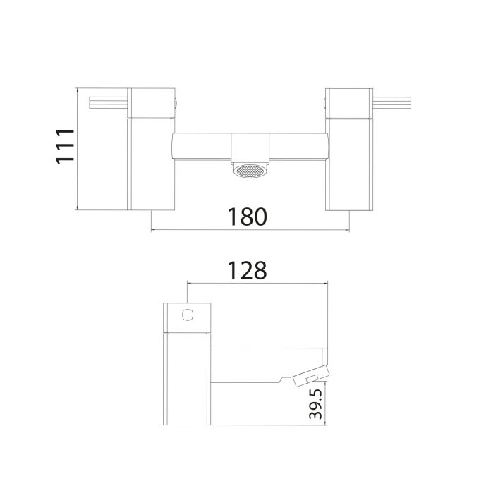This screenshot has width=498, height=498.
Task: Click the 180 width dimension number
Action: (x=248, y=217)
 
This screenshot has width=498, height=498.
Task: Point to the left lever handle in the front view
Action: (x=108, y=104)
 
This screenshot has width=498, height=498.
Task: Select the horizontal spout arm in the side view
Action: (x=250, y=365)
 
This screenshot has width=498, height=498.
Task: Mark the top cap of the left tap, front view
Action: (x=152, y=102)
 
